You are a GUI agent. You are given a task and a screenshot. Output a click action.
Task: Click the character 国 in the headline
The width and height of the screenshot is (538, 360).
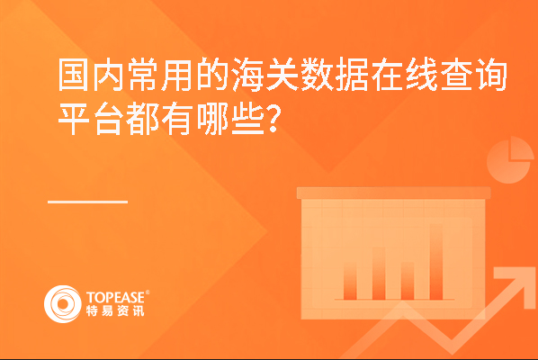coord(74,75)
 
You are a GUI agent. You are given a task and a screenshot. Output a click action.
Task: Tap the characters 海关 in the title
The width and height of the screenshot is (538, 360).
coord(265,75)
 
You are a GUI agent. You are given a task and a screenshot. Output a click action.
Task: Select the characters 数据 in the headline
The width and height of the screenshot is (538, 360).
coord(334,75)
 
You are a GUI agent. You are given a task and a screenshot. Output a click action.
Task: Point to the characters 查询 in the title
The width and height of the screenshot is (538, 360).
coord(474,75)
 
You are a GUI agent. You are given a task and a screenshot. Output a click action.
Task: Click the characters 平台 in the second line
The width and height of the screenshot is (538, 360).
coord(91,119)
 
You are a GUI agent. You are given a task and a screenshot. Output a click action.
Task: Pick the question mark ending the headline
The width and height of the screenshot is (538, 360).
coord(273,119)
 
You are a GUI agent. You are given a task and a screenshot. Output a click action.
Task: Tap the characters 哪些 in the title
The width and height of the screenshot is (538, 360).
coord(230,119)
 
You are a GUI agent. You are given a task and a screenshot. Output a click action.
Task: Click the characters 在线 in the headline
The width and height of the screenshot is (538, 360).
coord(404,75)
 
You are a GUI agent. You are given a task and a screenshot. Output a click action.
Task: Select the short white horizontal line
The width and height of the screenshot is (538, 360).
coord(87,202)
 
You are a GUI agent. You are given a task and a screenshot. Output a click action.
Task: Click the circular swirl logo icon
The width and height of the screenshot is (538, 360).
coord(63,304)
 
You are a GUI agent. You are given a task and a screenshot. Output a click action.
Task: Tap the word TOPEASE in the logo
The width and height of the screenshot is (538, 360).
coord(115,298)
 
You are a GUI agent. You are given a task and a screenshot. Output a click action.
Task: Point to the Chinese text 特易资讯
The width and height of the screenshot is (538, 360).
coord(115,310)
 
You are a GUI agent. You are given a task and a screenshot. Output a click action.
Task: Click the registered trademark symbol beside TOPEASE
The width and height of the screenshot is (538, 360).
coord(148,292)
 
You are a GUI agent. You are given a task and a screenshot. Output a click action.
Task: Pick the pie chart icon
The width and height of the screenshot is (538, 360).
coord(509,160)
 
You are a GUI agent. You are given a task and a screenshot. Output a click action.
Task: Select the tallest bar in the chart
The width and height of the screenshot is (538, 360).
coord(436,262)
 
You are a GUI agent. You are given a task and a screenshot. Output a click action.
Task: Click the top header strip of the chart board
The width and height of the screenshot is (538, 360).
coord(393,193)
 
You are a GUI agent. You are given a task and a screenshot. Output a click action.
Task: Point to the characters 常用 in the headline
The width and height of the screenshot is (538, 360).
coord(160,75)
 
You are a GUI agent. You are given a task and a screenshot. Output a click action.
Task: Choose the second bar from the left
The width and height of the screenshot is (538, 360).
coord(379,274)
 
